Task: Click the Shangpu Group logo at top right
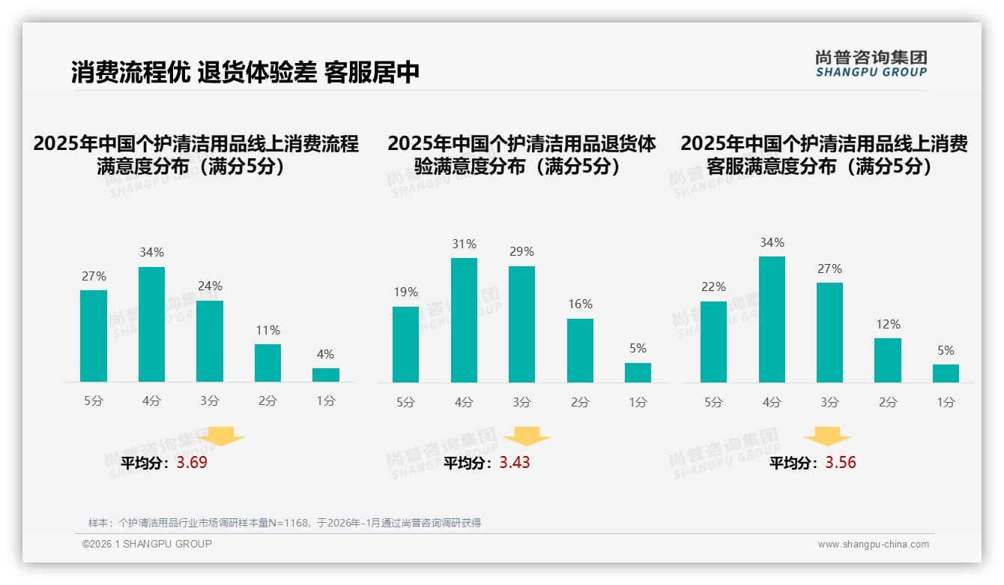click(871, 64)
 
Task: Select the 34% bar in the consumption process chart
click(151, 324)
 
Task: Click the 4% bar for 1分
click(325, 374)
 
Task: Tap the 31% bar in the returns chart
click(464, 320)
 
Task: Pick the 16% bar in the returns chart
click(580, 350)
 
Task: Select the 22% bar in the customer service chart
click(713, 341)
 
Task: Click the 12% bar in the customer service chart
click(888, 360)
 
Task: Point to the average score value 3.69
click(192, 463)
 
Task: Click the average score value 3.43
click(515, 463)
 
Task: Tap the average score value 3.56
click(841, 463)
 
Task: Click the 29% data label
click(521, 251)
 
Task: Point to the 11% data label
click(267, 330)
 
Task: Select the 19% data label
click(405, 292)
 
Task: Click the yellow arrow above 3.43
click(527, 436)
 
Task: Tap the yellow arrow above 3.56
click(827, 436)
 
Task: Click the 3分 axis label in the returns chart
click(521, 402)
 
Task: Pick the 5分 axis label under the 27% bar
click(94, 400)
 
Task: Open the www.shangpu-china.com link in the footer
click(873, 544)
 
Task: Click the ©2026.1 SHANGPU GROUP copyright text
click(147, 544)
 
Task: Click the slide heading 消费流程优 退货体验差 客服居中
click(245, 72)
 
